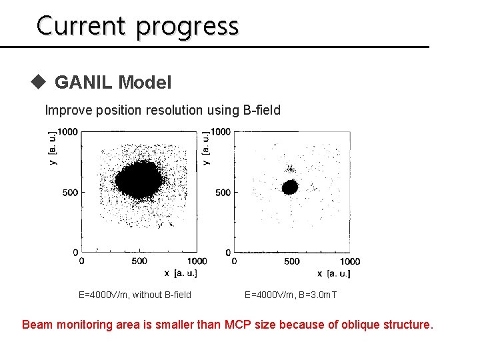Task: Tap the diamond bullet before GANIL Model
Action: (39, 82)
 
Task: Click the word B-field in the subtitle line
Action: (261, 110)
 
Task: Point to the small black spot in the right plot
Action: (290, 187)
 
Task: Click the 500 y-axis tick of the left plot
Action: (70, 193)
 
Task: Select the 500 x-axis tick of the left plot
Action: (139, 261)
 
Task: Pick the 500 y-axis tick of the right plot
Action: (222, 193)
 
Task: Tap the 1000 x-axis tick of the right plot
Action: (349, 261)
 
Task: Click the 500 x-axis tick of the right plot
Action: (291, 261)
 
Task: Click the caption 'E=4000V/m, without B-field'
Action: (135, 295)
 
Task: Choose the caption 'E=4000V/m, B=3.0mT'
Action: (291, 295)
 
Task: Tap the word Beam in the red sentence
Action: (37, 325)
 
